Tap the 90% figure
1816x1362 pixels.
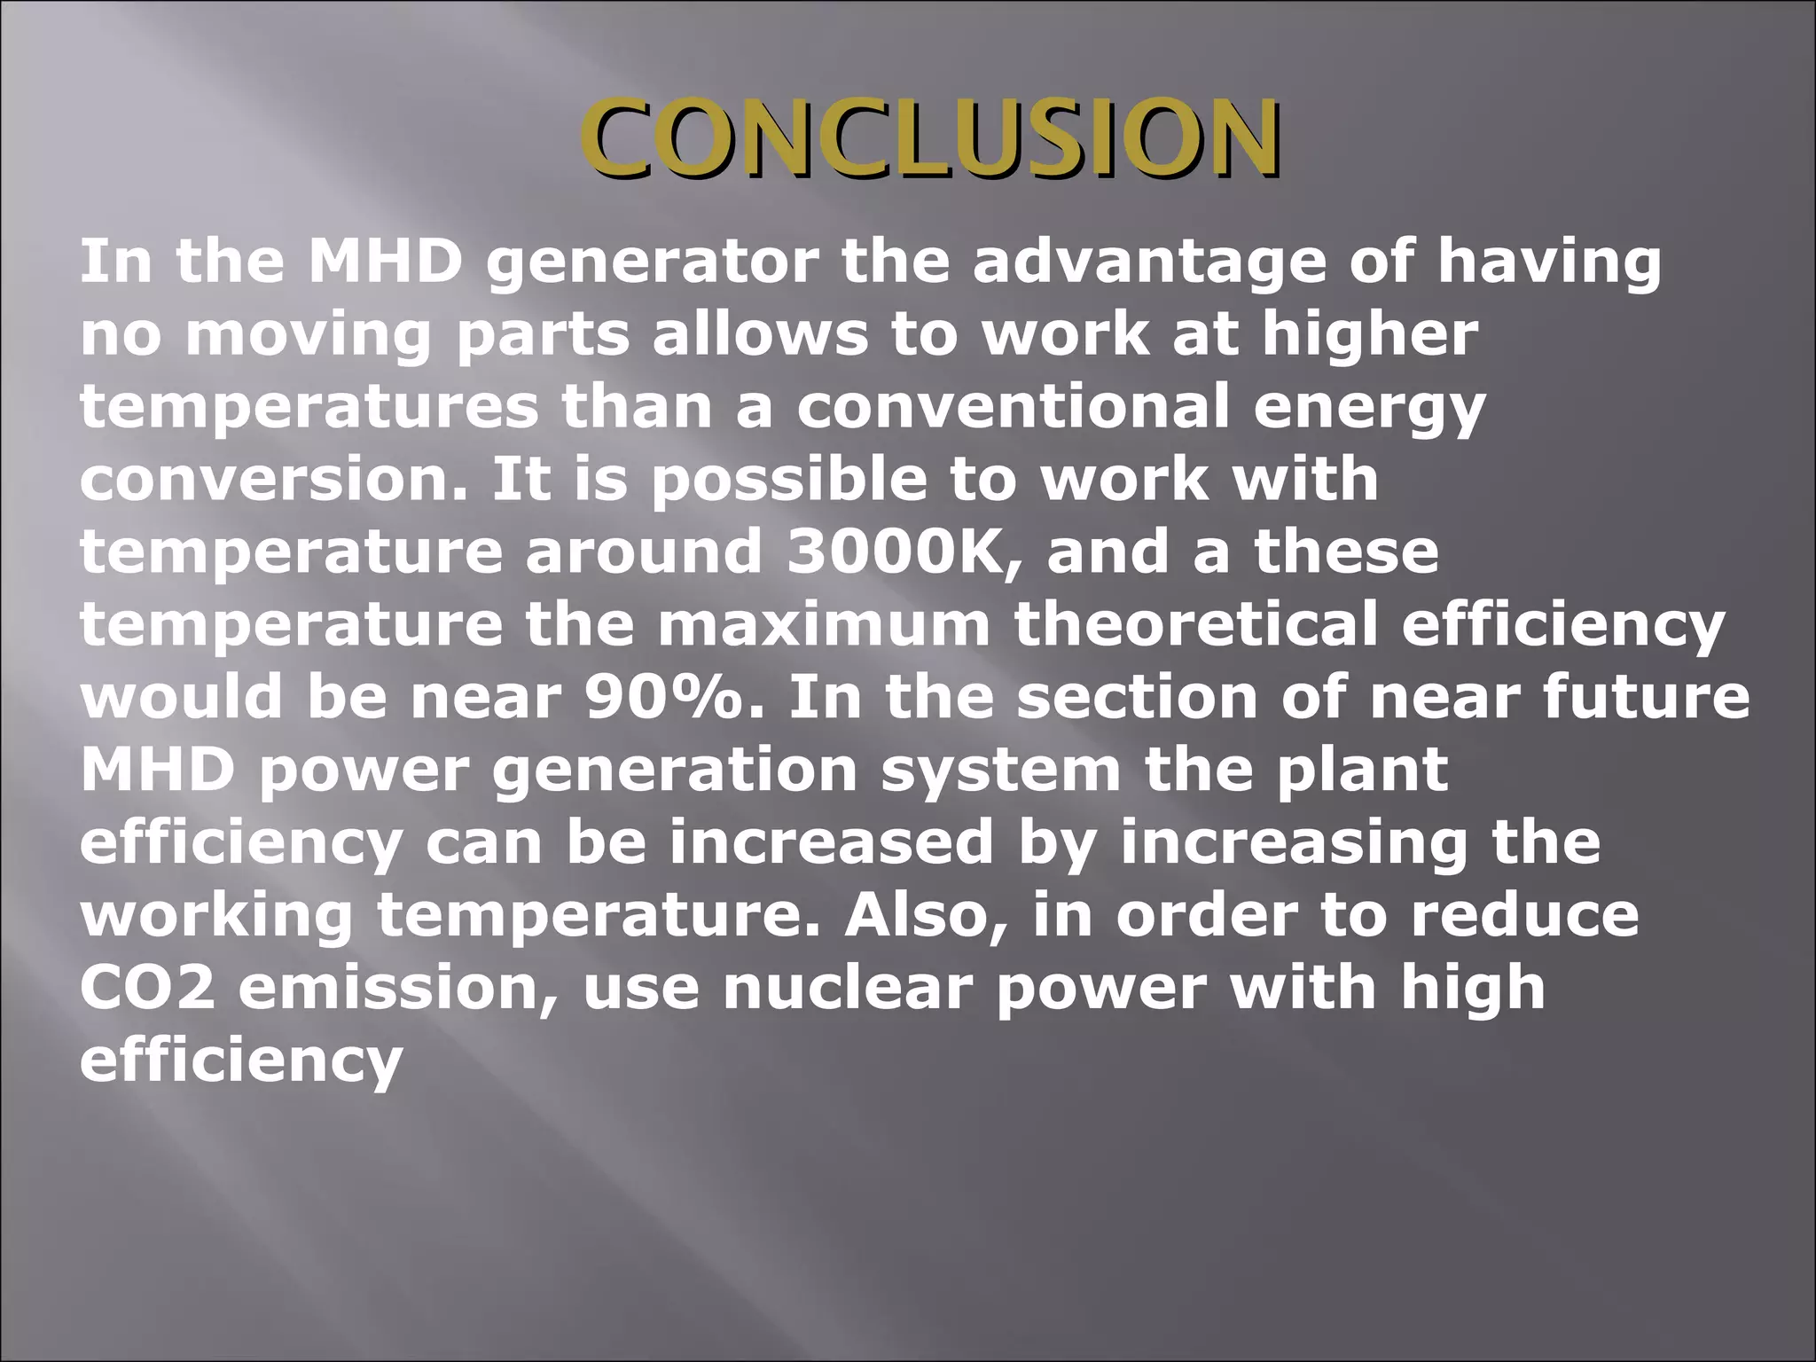click(x=673, y=697)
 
